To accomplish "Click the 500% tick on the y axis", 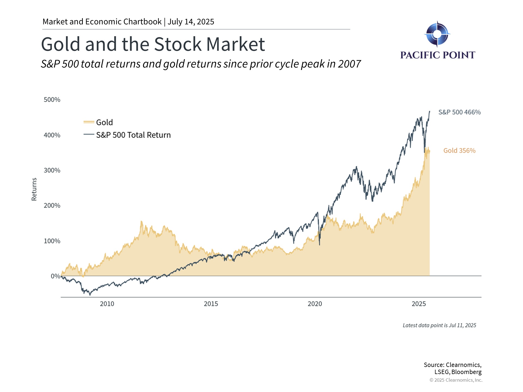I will coord(52,100).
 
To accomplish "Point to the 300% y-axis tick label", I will coord(52,170).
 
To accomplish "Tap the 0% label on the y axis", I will coord(55,276).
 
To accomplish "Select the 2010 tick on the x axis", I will coord(107,304).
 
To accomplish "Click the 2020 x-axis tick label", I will coord(315,304).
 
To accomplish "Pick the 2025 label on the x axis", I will coord(419,304).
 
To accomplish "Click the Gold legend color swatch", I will coord(89,122).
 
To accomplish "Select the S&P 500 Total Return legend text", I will coord(133,135).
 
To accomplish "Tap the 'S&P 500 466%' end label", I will coord(459,112).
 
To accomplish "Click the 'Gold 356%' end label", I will coord(459,151).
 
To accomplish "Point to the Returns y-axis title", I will coord(34,189).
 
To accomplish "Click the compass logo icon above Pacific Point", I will coord(437,34).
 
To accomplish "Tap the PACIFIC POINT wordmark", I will coord(437,55).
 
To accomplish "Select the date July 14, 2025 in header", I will coord(191,22).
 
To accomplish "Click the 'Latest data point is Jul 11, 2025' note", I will coord(439,325).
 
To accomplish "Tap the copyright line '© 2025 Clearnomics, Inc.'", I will coord(456,380).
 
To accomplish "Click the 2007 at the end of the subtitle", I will coord(349,64).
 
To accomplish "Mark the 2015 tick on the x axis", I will coord(211,304).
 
